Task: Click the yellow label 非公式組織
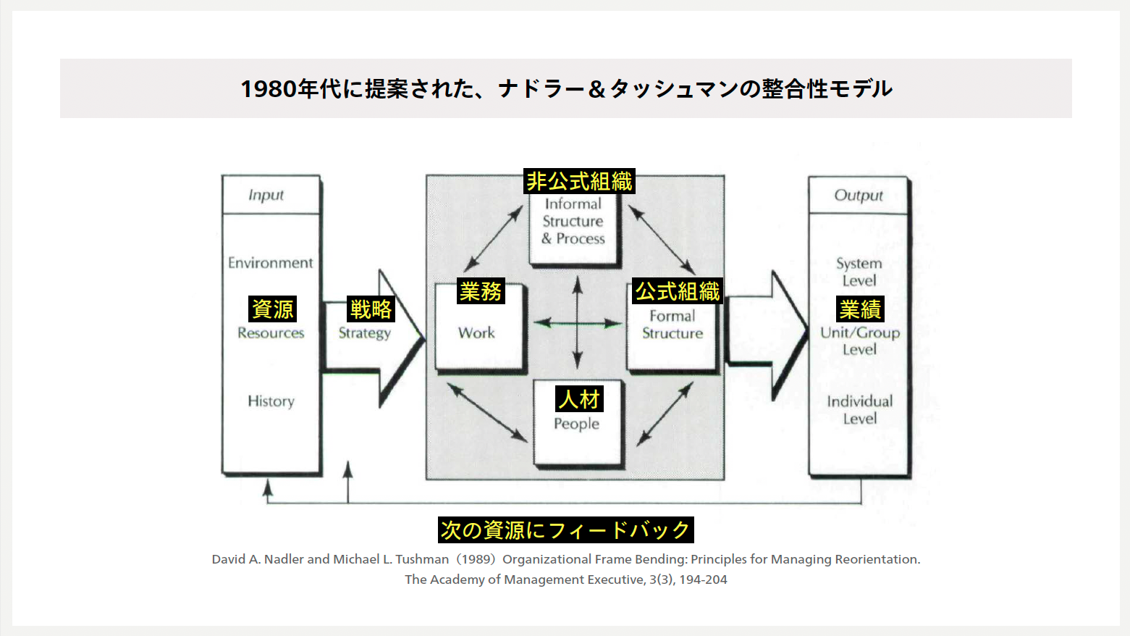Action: (x=579, y=181)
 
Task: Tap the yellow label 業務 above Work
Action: (x=481, y=291)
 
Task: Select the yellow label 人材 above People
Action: (x=579, y=398)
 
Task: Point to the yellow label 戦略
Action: (x=371, y=309)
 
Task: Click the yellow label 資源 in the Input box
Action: (x=272, y=309)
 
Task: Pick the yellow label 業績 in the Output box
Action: (x=860, y=309)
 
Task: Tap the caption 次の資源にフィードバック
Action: (x=565, y=530)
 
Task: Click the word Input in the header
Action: (x=266, y=195)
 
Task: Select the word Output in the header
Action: (x=859, y=195)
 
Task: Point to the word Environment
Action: (x=270, y=262)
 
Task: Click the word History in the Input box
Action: (x=271, y=401)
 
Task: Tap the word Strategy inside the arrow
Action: (x=364, y=333)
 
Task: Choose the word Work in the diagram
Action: (x=476, y=332)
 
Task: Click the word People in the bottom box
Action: (x=576, y=424)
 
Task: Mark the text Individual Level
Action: (x=859, y=409)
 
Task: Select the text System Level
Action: (x=859, y=272)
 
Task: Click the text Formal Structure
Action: (x=672, y=325)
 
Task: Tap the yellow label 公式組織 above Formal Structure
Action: (x=678, y=291)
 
